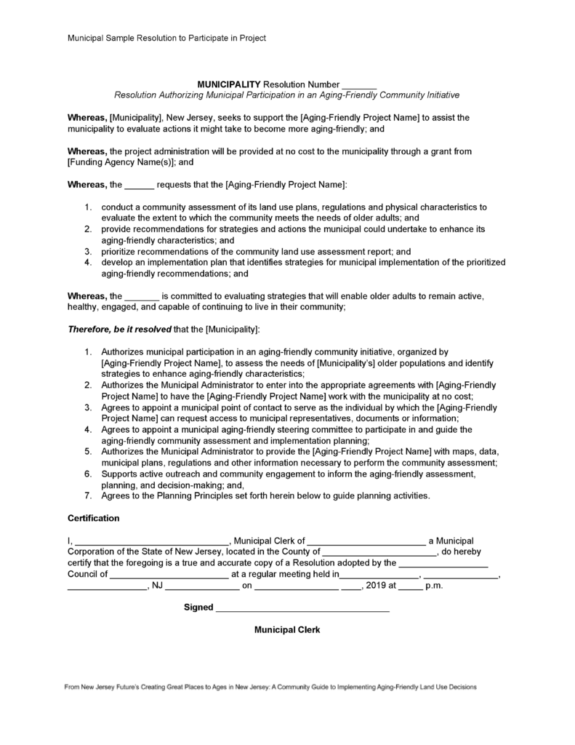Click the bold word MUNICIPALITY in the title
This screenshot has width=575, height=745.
coord(228,84)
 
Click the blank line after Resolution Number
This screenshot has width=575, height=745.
coord(358,86)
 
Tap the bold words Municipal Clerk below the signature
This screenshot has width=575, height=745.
coord(287,630)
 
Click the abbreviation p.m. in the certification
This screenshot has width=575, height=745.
coord(433,585)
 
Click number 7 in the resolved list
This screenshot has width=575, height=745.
coord(87,496)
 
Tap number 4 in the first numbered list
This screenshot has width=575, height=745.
coord(87,263)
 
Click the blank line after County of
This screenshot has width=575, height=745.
coord(378,552)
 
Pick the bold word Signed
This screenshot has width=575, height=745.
coord(198,607)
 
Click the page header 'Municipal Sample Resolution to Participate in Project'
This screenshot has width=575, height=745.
coord(166,37)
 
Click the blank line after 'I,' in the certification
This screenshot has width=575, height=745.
coord(152,541)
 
